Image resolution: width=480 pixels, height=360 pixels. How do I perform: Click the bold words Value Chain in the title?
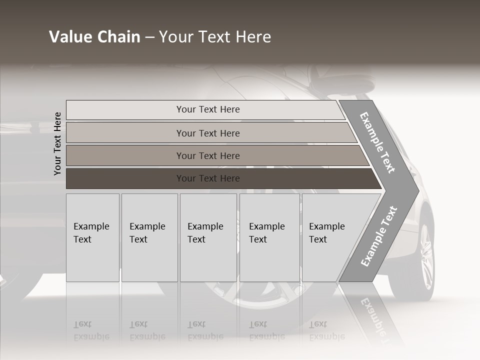[94, 37]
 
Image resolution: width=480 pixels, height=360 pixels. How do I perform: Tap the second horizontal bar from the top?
[208, 133]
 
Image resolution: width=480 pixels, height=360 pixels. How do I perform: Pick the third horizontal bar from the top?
[208, 155]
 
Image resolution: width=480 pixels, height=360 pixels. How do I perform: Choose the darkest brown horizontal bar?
[208, 178]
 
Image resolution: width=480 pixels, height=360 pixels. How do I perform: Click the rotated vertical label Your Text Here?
[57, 143]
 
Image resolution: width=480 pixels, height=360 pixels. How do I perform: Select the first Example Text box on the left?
[92, 237]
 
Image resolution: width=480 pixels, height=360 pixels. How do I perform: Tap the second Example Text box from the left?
[149, 237]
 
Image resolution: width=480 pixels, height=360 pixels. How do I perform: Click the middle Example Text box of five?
[208, 237]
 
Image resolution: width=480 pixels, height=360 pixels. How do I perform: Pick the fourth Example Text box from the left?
[269, 237]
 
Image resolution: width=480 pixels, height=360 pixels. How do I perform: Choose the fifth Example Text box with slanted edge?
[330, 237]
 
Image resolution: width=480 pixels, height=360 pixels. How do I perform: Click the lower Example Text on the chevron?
[379, 236]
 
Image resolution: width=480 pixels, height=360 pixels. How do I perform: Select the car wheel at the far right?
[424, 257]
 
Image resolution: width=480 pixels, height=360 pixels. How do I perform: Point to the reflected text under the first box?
[91, 330]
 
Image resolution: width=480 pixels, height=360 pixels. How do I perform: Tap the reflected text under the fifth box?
[326, 330]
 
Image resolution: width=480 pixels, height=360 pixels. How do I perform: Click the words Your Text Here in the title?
[215, 37]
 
